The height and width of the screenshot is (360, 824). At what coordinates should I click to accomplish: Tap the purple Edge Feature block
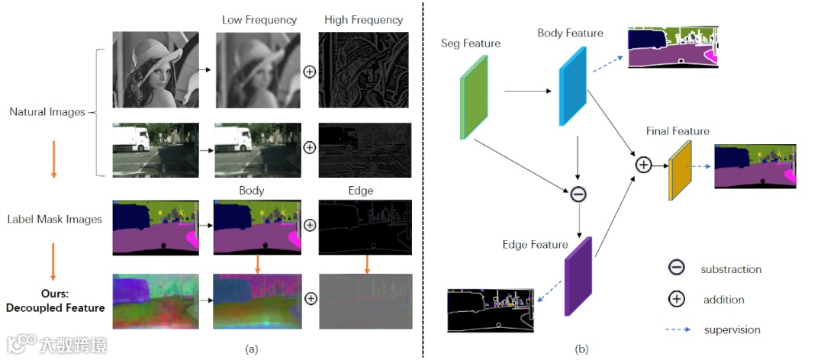click(578, 276)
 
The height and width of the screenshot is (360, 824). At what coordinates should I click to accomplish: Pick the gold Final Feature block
click(679, 172)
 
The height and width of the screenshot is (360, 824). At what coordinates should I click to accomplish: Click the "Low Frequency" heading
click(259, 20)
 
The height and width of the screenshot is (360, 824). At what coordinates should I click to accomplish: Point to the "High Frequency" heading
click(363, 20)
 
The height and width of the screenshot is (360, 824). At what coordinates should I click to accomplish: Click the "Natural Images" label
click(47, 112)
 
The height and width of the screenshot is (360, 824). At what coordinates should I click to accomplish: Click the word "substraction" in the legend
click(731, 269)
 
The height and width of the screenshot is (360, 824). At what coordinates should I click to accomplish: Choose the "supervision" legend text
click(730, 330)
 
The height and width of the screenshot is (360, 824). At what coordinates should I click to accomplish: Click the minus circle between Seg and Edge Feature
click(578, 194)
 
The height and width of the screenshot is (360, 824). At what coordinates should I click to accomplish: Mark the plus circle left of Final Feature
click(644, 164)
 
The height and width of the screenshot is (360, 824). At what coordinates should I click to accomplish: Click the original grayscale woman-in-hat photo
click(156, 70)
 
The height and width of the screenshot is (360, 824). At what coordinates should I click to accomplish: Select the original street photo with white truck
click(156, 149)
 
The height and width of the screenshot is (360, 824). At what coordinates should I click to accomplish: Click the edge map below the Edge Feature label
click(491, 311)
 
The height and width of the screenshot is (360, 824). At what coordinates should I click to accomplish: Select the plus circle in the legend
click(676, 299)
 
